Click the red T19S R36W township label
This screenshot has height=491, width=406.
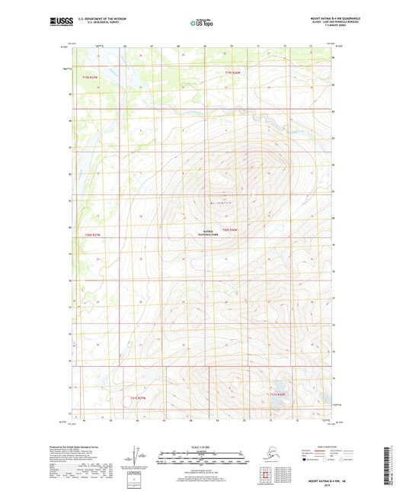(232, 72)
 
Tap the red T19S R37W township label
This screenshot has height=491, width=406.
(91, 78)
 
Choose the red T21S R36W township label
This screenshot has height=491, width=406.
(277, 394)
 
